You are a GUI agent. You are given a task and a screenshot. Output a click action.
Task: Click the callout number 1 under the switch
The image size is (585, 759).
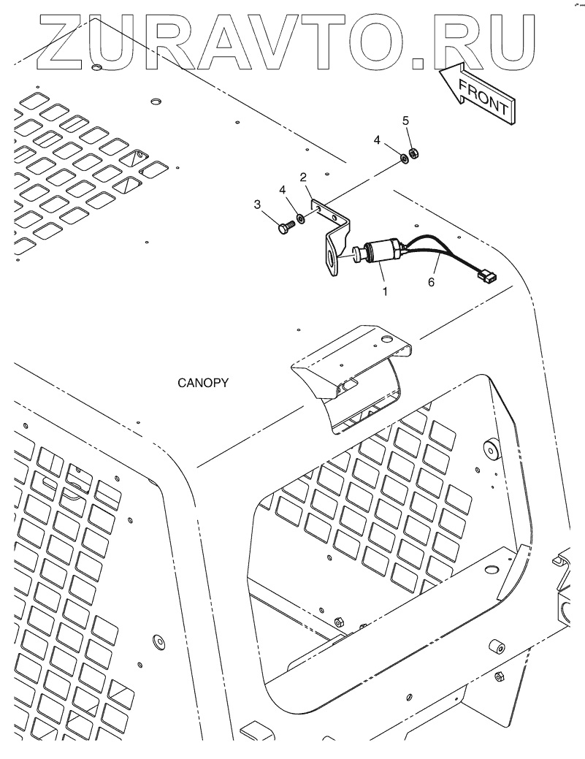(x=384, y=290)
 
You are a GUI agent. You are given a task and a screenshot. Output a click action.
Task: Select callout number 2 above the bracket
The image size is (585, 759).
(x=302, y=177)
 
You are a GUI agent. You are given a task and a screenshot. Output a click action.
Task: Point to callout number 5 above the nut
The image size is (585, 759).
(x=406, y=119)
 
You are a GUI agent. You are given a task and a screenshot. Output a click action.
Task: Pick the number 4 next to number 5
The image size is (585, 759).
(x=378, y=139)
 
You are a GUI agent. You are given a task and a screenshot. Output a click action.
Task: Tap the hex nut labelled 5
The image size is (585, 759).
(x=412, y=153)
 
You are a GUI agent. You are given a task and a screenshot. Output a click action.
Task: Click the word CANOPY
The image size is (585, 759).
(x=203, y=382)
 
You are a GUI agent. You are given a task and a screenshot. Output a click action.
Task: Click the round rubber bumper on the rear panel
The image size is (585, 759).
(x=489, y=451)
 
